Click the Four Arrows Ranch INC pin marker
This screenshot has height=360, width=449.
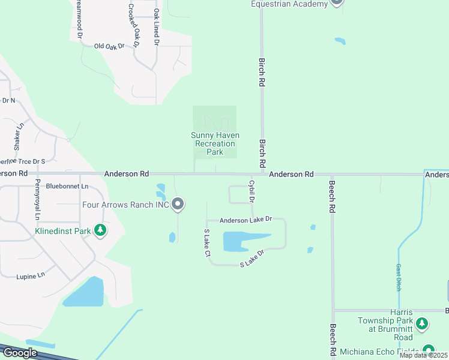(x=178, y=205)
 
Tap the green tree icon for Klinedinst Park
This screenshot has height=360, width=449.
(x=100, y=230)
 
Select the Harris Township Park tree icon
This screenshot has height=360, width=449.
(x=423, y=325)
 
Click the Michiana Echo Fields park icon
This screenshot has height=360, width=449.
(x=429, y=350)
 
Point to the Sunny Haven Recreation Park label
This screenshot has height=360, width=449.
(x=214, y=143)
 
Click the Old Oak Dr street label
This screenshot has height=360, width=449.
(x=109, y=46)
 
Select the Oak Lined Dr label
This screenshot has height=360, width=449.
(x=156, y=27)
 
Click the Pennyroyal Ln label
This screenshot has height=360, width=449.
(x=37, y=199)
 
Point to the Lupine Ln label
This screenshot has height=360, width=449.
(x=31, y=275)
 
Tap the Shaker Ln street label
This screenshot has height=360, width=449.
(x=17, y=137)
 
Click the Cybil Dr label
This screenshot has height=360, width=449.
(x=252, y=190)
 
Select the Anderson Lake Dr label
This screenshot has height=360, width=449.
(x=246, y=220)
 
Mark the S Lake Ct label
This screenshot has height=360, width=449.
(x=207, y=243)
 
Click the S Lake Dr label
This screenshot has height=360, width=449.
(x=252, y=259)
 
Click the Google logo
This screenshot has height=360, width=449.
(x=20, y=352)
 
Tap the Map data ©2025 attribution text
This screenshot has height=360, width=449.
(x=424, y=355)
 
